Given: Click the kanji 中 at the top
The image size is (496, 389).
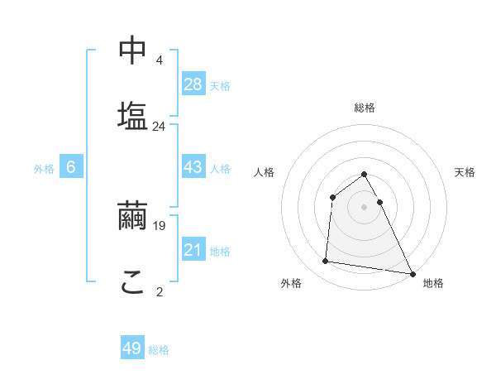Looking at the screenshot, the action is click(x=132, y=50).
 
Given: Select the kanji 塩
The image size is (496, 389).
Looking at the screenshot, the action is click(x=132, y=115).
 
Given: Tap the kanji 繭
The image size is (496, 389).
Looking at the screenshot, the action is click(x=132, y=216).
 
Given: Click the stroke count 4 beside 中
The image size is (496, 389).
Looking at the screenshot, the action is click(x=159, y=60).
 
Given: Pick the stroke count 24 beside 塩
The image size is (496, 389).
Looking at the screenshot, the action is click(x=159, y=127).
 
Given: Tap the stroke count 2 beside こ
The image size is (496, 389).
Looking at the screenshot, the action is click(x=159, y=291).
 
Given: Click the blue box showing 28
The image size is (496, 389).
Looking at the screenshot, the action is click(x=193, y=84).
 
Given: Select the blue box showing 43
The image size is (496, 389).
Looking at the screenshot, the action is click(x=193, y=167).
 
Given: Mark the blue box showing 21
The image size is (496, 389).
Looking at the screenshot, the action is click(x=193, y=250).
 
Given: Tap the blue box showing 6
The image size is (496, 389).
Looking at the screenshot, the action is click(x=71, y=167).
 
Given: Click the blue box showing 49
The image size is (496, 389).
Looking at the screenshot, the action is click(x=132, y=348).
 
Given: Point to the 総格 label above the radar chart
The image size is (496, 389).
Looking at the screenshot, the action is click(x=365, y=108).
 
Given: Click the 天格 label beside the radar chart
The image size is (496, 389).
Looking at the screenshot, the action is click(x=465, y=172).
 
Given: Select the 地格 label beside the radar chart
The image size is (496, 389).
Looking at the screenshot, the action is click(x=433, y=283).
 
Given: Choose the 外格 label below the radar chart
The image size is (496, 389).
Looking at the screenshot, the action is click(x=291, y=283).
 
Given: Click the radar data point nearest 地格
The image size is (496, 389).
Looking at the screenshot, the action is click(x=412, y=274).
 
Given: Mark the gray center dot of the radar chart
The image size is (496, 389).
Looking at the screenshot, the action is click(x=364, y=207).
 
